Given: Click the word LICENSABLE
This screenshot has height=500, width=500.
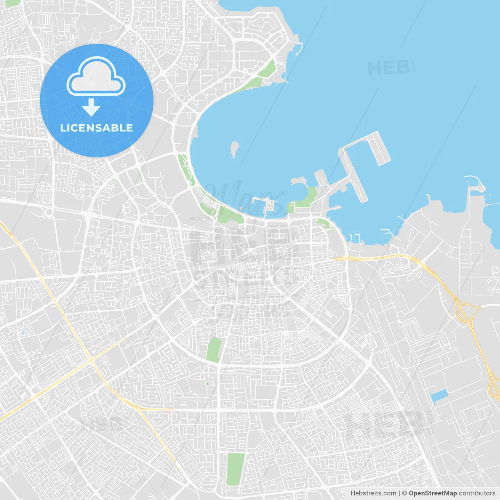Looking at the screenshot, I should click(x=96, y=128).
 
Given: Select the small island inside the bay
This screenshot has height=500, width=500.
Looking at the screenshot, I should click(x=234, y=149).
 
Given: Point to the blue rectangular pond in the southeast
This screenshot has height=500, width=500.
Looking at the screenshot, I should click(x=439, y=395).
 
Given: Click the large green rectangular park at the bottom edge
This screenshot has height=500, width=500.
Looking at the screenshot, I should click(x=236, y=469).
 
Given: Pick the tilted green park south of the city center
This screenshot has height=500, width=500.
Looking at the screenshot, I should click(x=214, y=350).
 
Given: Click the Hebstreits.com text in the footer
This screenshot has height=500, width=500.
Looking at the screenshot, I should click(x=373, y=493).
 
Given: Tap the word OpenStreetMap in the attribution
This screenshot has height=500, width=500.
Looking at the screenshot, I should click(x=432, y=493).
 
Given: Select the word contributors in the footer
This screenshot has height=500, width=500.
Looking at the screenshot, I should click(x=477, y=493).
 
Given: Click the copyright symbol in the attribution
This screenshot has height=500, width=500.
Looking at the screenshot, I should click(x=404, y=493).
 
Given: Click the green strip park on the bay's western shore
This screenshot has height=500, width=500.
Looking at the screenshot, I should click(x=186, y=169).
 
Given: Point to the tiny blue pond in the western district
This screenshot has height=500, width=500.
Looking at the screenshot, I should click(x=22, y=333).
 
